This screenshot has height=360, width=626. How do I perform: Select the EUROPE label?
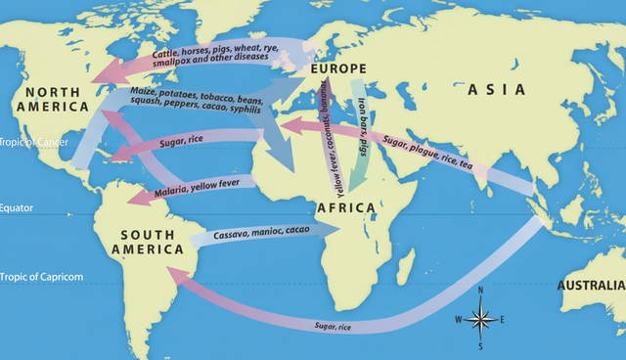335,68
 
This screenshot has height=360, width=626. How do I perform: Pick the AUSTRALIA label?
590,286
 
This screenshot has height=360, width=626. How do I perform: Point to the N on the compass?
480,292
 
